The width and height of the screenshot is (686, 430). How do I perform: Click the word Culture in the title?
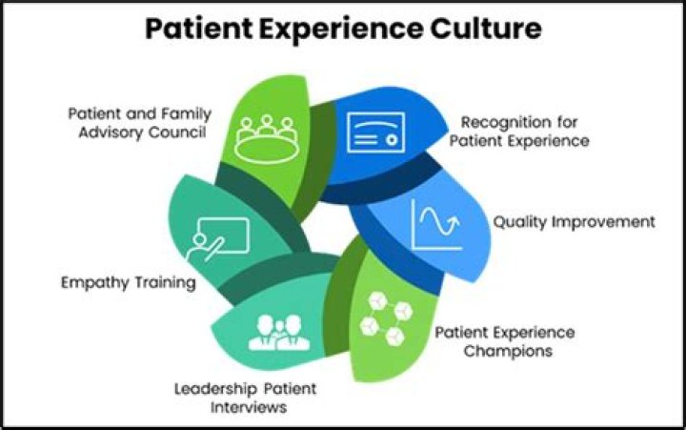(486, 29)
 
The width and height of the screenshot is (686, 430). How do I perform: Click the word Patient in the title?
(199, 29)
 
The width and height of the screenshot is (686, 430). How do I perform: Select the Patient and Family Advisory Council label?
(140, 123)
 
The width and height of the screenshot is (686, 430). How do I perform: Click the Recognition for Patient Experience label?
(519, 132)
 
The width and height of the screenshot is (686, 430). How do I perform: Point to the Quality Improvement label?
(574, 222)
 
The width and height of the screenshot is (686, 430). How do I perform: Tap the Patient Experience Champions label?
(505, 341)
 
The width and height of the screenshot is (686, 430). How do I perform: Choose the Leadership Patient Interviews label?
(246, 398)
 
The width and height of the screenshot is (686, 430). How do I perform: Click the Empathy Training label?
(129, 283)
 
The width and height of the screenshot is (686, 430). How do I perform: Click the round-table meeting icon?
(267, 139)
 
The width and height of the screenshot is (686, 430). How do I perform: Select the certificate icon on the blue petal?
(375, 133)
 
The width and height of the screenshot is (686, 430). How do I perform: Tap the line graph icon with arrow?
(436, 224)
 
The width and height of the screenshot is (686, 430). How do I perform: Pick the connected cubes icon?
(386, 318)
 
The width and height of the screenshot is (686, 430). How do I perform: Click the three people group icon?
(279, 333)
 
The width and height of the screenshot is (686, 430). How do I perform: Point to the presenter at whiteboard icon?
(217, 239)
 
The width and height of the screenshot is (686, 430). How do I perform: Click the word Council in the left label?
(178, 133)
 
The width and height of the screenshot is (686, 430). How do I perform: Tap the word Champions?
(508, 351)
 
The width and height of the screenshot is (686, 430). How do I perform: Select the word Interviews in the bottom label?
(249, 407)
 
